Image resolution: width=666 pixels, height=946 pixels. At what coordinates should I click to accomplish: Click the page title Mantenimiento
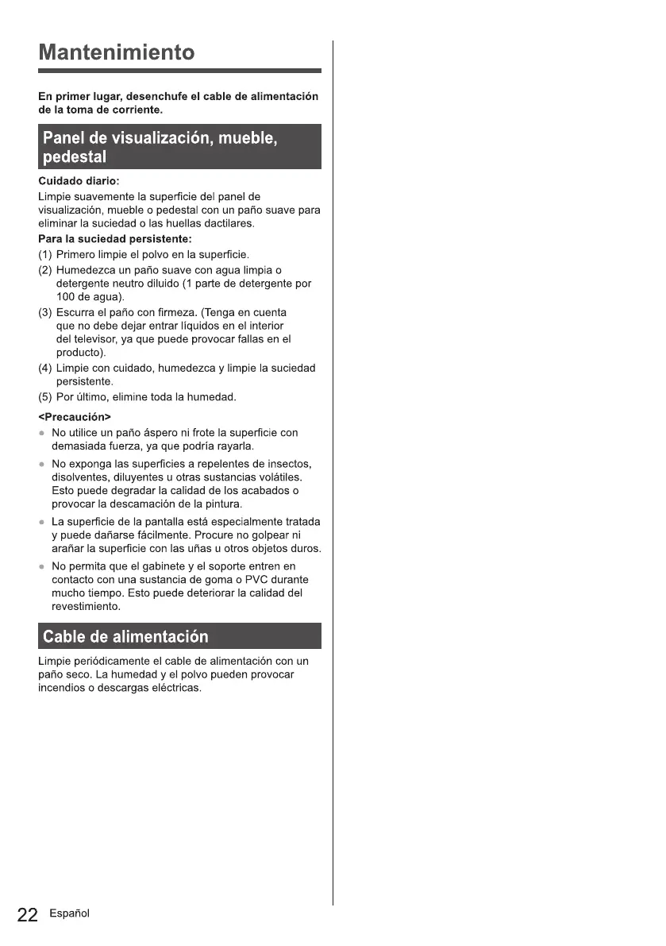tap(117, 53)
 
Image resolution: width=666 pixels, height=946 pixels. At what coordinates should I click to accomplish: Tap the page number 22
tap(27, 915)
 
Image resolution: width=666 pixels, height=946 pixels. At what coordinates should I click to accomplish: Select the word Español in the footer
tap(69, 913)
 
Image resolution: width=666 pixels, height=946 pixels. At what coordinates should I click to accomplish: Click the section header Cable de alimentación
tap(125, 636)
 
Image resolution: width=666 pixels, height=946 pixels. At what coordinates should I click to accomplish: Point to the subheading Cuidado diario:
tap(79, 182)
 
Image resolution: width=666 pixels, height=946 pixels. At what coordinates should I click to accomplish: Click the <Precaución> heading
tap(75, 417)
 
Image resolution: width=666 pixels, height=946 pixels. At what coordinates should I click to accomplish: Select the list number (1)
tap(46, 255)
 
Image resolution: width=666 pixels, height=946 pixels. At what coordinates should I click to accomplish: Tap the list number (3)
tap(46, 312)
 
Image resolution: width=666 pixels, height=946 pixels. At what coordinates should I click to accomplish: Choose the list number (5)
tap(46, 396)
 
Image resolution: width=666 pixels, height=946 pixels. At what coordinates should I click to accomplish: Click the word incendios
tap(61, 688)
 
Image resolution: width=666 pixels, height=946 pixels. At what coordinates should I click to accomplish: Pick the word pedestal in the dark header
tap(75, 156)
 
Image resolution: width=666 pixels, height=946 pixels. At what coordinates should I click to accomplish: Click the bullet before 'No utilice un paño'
tap(42, 434)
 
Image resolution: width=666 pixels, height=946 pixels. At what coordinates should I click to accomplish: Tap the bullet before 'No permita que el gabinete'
tap(42, 566)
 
